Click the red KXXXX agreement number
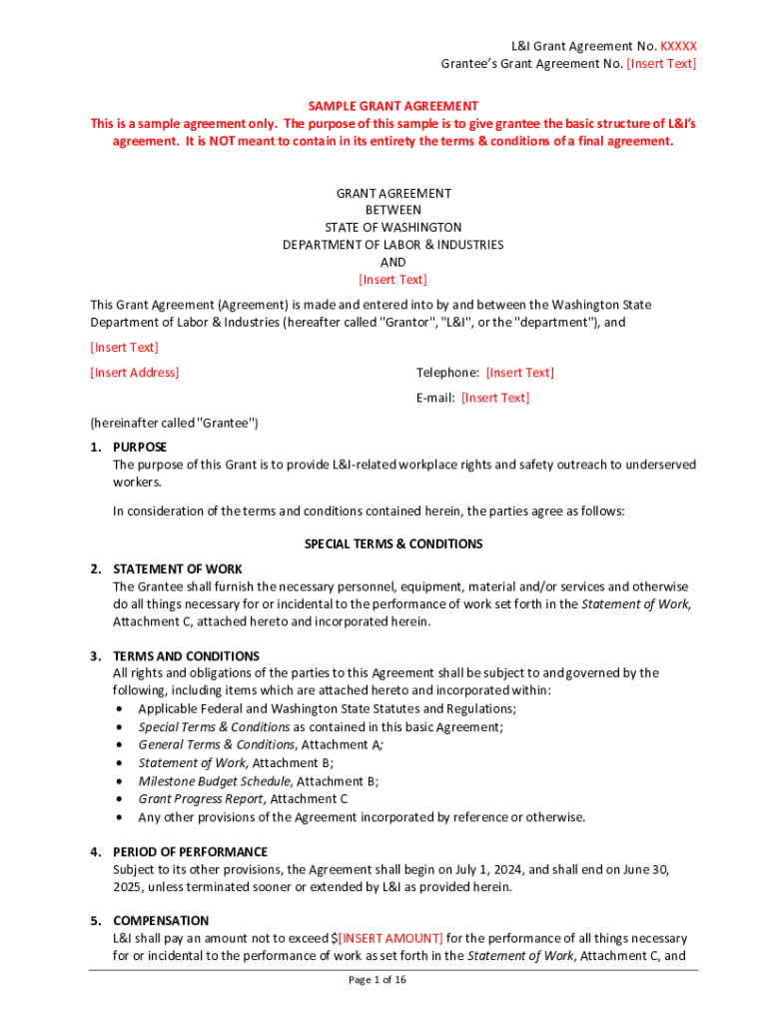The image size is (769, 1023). (x=678, y=46)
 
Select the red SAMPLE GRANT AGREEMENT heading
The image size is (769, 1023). (x=392, y=106)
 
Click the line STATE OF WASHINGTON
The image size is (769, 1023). (x=392, y=228)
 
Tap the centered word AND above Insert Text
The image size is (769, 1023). (x=392, y=262)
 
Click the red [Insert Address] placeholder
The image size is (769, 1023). (x=135, y=373)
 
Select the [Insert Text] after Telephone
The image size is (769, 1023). (x=519, y=373)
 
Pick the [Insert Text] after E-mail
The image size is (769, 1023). (x=494, y=398)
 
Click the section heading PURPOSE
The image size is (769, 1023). (x=140, y=448)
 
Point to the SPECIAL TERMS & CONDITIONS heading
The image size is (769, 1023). (x=392, y=544)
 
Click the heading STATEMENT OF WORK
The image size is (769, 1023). (x=178, y=569)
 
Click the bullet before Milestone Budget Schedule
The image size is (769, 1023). (x=119, y=781)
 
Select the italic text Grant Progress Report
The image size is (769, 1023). (x=202, y=799)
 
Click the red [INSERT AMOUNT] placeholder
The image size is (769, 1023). (x=390, y=938)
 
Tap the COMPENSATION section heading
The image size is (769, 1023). (x=161, y=921)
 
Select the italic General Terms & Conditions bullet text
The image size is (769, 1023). (x=216, y=745)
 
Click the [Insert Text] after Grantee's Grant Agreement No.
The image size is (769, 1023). (x=661, y=64)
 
